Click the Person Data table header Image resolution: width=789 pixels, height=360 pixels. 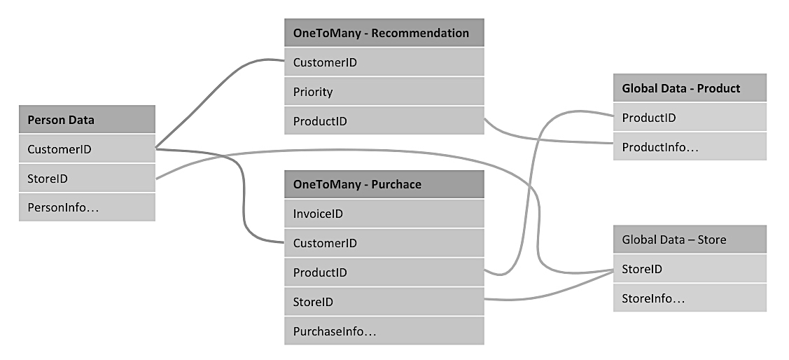point(87,120)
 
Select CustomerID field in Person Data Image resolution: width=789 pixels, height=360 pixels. point(87,149)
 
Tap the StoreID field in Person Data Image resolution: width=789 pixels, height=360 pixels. point(87,179)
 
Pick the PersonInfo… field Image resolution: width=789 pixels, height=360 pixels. point(87,207)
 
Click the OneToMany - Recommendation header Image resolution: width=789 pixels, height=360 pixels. point(384,33)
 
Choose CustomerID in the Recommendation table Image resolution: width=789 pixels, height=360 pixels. point(384,62)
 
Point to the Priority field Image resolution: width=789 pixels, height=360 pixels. point(384,92)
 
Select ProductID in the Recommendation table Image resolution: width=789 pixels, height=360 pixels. point(384,121)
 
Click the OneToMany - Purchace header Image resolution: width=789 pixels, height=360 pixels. point(384,184)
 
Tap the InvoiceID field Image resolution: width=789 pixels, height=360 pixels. point(384,214)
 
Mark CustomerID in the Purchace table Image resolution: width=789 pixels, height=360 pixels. point(384,243)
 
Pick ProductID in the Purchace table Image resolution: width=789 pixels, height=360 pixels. point(384,272)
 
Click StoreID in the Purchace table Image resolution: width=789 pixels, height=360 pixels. point(384,302)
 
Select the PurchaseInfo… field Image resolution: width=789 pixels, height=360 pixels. point(384,331)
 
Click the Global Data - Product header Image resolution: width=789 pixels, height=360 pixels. point(690,88)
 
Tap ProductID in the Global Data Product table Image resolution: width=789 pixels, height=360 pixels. point(690,118)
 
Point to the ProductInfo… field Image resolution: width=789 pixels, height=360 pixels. point(690,147)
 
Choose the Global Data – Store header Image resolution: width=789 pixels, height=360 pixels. point(690,240)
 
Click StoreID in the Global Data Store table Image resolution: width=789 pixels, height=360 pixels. point(690,269)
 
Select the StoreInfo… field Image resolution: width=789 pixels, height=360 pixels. point(690,298)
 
